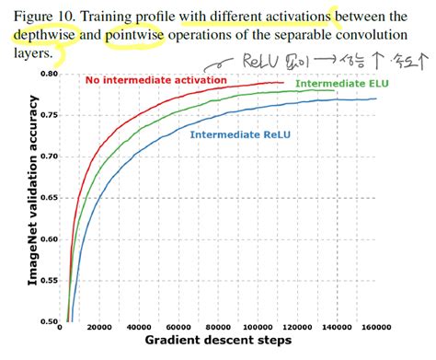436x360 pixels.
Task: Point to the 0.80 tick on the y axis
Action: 48,74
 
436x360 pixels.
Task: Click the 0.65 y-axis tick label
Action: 48,198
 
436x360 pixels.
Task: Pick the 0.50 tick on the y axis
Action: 48,322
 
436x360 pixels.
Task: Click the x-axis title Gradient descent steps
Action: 218,343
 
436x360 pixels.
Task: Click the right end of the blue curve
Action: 376,99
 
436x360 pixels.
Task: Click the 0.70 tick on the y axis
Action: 48,157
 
